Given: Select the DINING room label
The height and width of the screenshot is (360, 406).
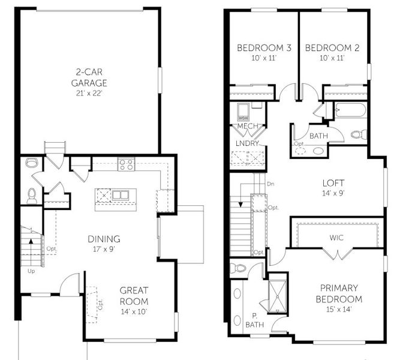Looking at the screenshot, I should [103, 238].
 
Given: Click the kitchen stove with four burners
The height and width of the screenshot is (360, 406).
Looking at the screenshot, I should [125, 163].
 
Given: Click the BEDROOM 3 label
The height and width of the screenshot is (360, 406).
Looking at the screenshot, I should [264, 48].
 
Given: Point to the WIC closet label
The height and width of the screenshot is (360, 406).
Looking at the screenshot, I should [337, 237].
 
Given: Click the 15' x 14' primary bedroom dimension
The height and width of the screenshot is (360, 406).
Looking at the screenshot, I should [339, 310].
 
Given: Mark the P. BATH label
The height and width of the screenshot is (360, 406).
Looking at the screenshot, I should [253, 320].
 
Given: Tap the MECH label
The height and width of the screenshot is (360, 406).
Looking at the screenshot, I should [248, 127].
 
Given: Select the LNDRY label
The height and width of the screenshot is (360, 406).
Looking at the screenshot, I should [248, 143].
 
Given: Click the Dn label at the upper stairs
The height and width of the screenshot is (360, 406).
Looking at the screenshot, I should [270, 184].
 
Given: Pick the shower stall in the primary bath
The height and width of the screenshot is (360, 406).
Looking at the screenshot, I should [277, 293].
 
